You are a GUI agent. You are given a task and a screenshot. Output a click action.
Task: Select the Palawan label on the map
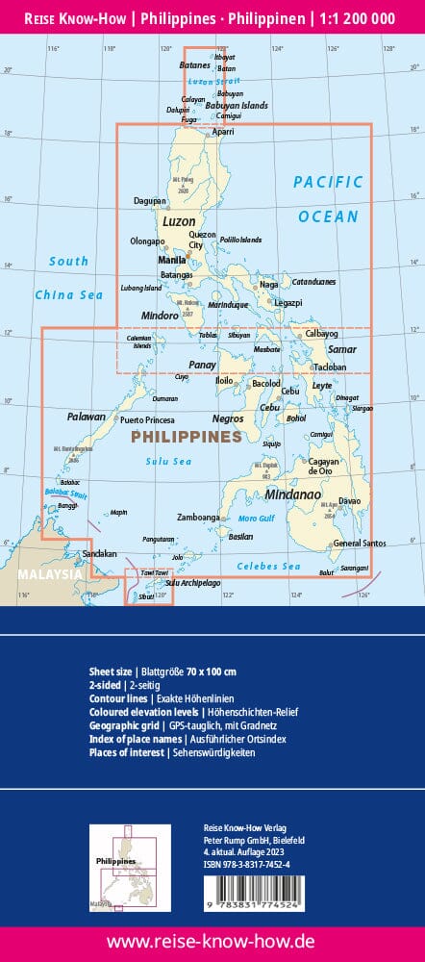pos(86,418)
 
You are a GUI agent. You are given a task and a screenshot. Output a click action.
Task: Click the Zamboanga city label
pos(199,518)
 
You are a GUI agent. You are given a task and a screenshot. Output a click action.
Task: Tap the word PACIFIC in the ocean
pos(329,181)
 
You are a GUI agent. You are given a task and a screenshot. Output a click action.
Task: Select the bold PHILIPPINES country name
pos(186,437)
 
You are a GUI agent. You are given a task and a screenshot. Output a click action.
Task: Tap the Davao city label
pos(349,501)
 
